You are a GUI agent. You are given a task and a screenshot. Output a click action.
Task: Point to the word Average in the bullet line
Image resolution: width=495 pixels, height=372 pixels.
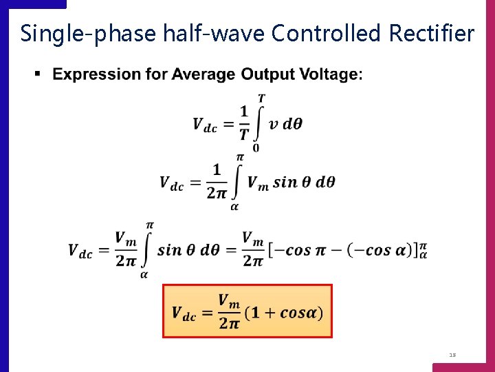pyautogui.click(x=203, y=74)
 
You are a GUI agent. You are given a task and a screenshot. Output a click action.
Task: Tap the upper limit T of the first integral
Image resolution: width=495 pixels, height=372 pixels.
pyautogui.click(x=261, y=99)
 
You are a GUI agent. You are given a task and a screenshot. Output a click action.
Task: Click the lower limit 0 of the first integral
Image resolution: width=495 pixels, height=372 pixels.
pyautogui.click(x=256, y=147)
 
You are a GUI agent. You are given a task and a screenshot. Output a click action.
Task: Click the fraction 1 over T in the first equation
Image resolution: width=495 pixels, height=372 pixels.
pyautogui.click(x=243, y=124)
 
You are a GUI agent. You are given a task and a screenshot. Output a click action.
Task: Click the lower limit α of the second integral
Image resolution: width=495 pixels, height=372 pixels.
pyautogui.click(x=234, y=206)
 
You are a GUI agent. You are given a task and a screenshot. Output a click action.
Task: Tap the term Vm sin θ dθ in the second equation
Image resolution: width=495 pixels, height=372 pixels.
pyautogui.click(x=291, y=183)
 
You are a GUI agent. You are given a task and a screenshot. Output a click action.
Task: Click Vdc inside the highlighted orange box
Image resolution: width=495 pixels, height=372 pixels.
pyautogui.click(x=184, y=313)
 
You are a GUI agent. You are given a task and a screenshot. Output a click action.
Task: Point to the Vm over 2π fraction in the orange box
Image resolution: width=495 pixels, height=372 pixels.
pyautogui.click(x=229, y=312)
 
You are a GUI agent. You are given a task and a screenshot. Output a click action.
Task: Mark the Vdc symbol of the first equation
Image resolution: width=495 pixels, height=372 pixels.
pyautogui.click(x=205, y=125)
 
